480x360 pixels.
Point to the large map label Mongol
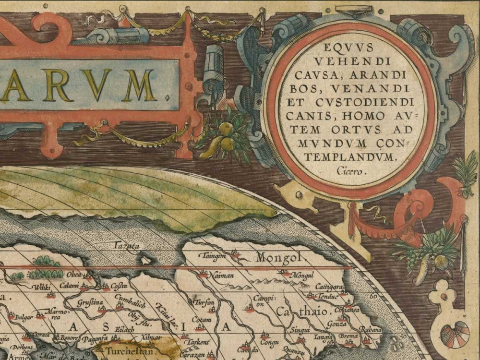click(x=280, y=258)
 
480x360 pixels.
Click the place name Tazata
click(x=125, y=246)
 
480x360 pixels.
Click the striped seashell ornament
click(x=454, y=335)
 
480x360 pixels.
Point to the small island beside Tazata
click(x=145, y=260)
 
